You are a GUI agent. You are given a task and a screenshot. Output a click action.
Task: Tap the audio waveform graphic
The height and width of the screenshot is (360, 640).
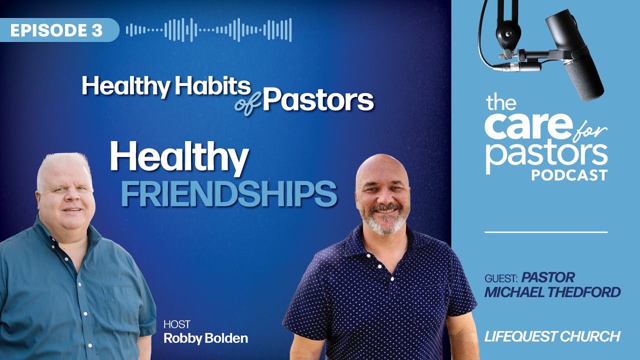(209, 30)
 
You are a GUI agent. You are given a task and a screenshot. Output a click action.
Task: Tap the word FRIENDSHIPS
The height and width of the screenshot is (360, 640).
(228, 194)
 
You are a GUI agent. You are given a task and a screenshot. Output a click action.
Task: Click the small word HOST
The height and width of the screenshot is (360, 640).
(176, 324)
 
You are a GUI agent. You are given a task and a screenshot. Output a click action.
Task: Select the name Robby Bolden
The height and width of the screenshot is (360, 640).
(205, 338)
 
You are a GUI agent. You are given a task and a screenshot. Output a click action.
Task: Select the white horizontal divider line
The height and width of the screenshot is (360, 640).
(546, 232)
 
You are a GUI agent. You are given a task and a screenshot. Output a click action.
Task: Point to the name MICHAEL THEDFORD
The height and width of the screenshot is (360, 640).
(552, 292)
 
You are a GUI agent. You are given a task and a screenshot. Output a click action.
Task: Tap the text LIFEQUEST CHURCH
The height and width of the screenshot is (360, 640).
(552, 336)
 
